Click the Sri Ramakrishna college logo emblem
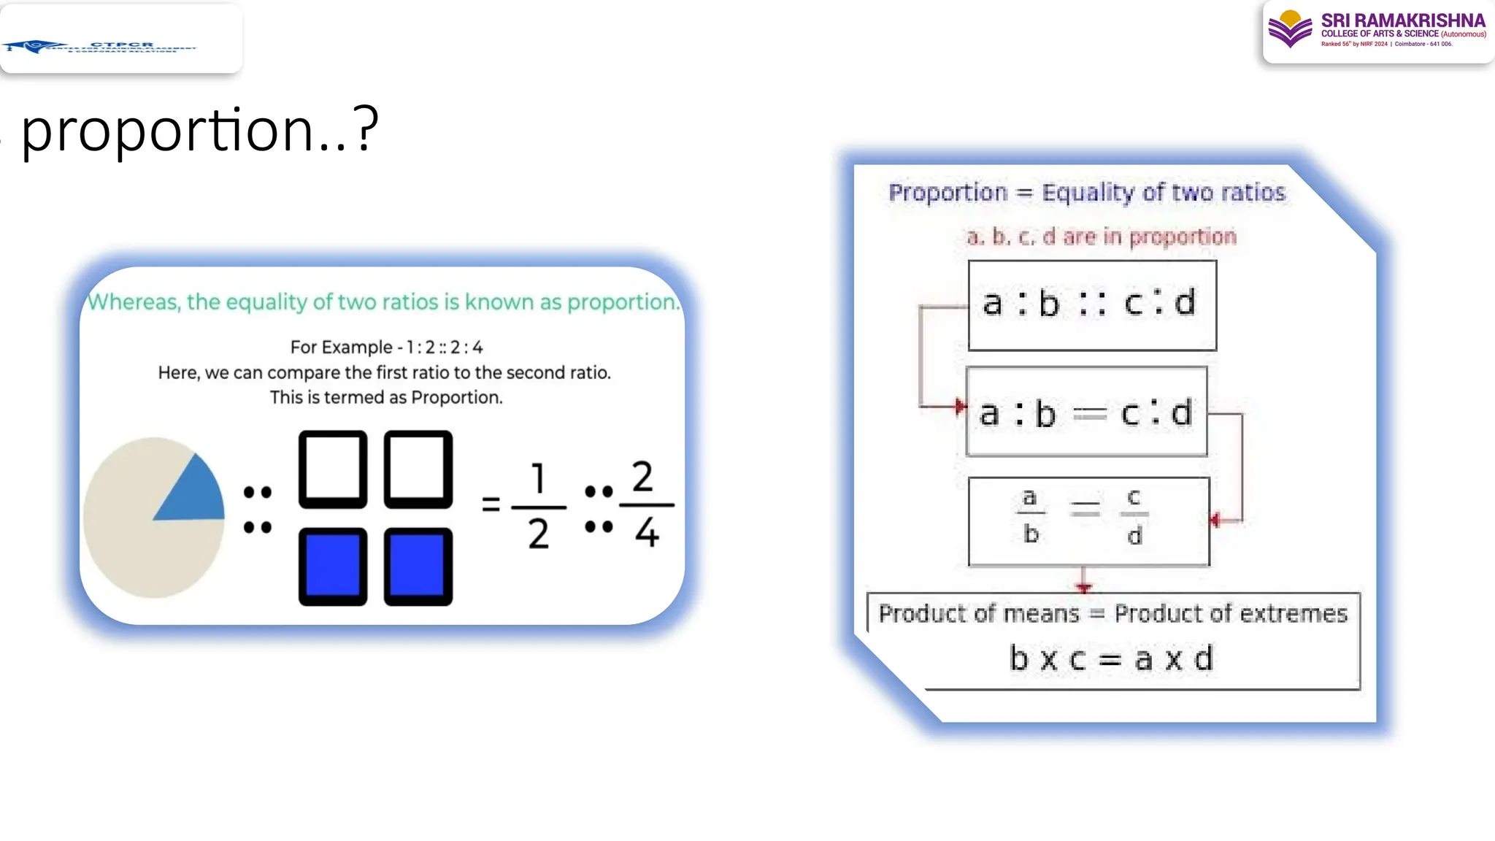(x=1290, y=29)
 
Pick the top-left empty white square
(x=333, y=469)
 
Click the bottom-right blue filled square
(x=418, y=567)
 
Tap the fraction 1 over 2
(x=539, y=505)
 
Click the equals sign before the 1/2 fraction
(x=491, y=504)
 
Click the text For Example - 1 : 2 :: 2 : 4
(x=386, y=347)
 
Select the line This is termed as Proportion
(x=386, y=397)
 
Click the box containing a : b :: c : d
(x=1092, y=305)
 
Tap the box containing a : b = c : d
(x=1086, y=412)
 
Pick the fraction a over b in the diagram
(x=1030, y=516)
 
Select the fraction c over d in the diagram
(x=1134, y=516)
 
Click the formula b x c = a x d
(x=1111, y=658)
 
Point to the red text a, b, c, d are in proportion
(x=1102, y=237)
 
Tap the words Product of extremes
(x=1231, y=613)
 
